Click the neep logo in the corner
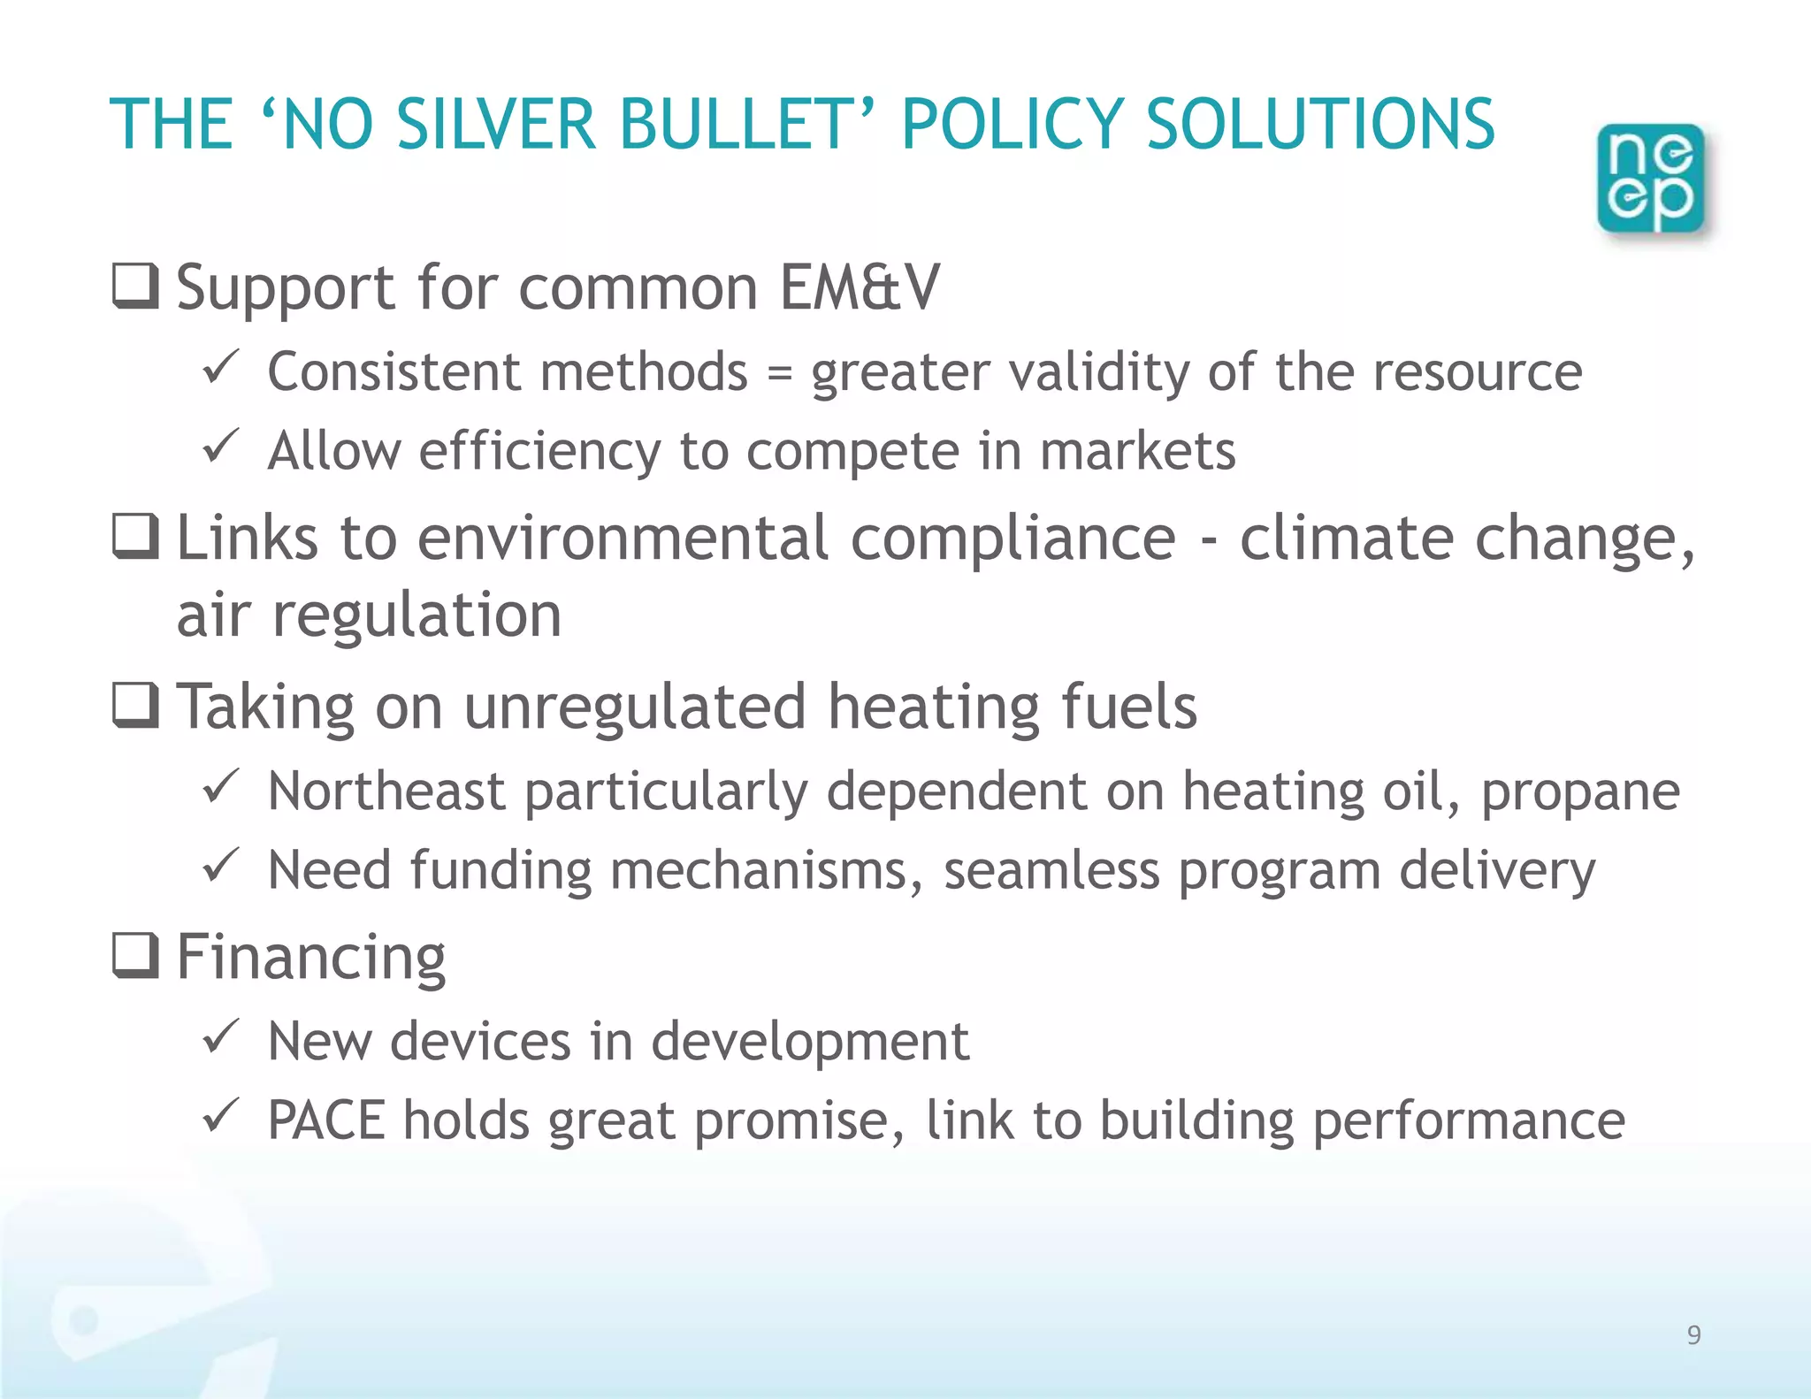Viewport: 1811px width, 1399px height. click(1651, 179)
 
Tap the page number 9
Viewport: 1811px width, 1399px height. click(1693, 1334)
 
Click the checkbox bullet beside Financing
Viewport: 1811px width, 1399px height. click(135, 957)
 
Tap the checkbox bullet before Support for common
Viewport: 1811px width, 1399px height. click(135, 287)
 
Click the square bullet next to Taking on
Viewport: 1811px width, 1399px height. click(135, 706)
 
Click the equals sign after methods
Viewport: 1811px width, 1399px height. click(779, 373)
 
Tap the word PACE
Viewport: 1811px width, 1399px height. click(326, 1120)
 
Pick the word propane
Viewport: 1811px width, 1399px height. click(1580, 791)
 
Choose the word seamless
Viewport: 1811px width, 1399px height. click(1051, 870)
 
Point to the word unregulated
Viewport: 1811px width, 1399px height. click(635, 707)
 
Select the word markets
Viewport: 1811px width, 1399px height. click(1137, 451)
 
